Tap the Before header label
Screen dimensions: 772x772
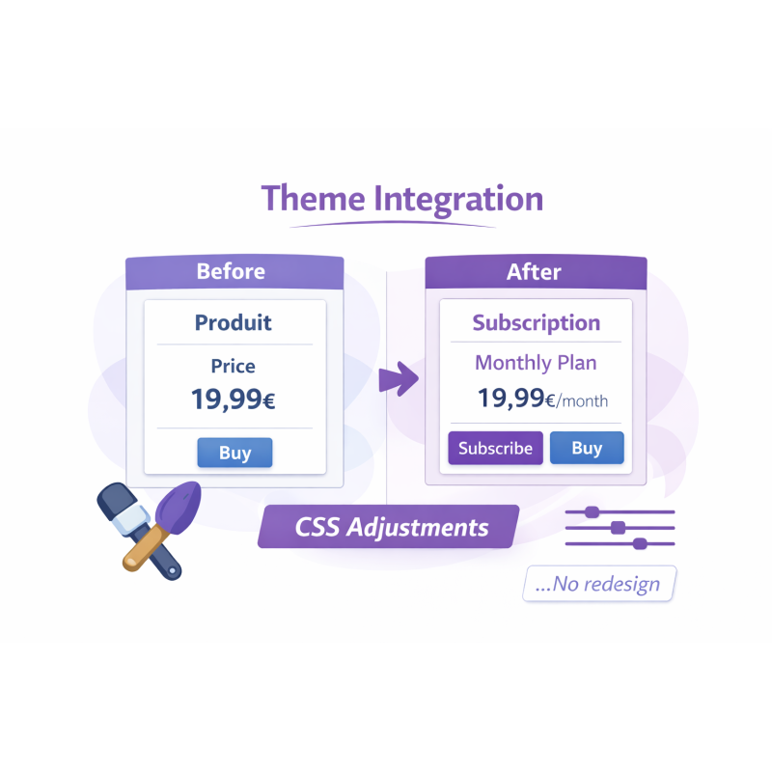pos(231,271)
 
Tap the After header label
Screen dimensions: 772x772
pos(534,272)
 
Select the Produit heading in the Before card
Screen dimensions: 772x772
pos(234,322)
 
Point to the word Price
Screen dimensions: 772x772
pos(234,367)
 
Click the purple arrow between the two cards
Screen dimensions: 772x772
pos(397,378)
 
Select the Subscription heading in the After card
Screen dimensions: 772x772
pos(536,323)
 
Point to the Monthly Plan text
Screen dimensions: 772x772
pos(536,364)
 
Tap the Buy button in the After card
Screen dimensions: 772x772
pos(587,448)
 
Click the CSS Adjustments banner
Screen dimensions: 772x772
pos(391,528)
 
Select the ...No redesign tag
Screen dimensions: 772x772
pos(599,584)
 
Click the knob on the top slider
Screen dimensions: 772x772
pos(593,511)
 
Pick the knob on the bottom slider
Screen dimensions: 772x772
pos(639,543)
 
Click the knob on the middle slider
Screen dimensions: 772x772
pos(618,528)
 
